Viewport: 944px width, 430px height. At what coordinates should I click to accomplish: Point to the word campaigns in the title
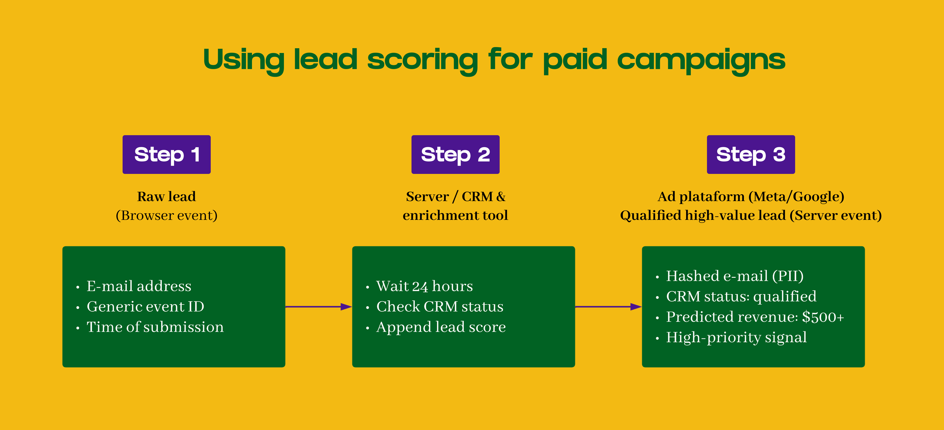coord(701,60)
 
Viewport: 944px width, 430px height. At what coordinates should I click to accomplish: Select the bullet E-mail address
coord(139,286)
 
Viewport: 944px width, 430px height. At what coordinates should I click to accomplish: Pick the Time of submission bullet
coord(155,327)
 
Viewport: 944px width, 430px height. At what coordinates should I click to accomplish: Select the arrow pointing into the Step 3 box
coord(608,307)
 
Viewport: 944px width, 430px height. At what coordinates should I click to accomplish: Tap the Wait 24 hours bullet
coord(424,286)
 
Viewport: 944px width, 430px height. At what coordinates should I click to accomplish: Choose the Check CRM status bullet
coord(440,307)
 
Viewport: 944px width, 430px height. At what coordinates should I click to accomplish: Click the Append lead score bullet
coord(441,327)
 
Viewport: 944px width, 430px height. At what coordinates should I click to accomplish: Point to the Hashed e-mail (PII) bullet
coord(735,276)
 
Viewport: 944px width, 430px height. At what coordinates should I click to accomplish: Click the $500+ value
coord(823,317)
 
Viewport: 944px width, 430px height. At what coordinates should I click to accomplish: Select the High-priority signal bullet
coord(736,337)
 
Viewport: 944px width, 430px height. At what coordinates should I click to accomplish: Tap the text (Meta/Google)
coord(796,197)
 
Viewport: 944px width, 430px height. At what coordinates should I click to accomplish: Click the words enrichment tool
coord(455,215)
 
